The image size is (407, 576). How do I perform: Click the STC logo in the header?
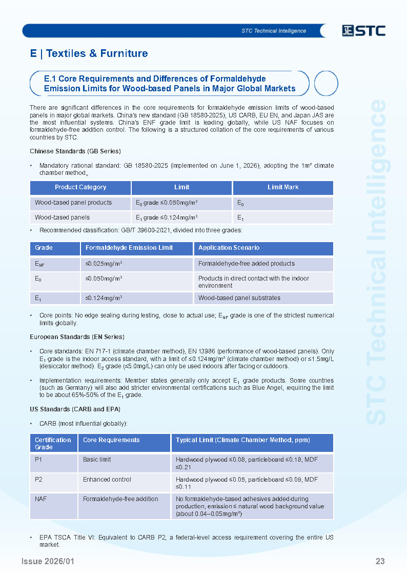tap(363, 31)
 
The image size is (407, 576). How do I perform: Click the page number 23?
tap(380, 561)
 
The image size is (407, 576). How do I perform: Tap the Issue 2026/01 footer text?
tap(48, 561)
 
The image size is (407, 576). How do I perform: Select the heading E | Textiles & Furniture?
tap(89, 53)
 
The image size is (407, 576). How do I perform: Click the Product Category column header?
tap(80, 187)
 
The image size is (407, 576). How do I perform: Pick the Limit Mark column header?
tap(283, 187)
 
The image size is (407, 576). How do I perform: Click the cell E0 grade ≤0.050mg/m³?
tap(167, 203)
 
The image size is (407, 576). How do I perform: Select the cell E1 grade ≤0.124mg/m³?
tap(167, 217)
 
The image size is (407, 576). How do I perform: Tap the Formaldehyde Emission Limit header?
tap(129, 248)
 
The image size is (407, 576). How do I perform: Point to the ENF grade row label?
tap(39, 264)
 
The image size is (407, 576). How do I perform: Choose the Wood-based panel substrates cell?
tap(239, 298)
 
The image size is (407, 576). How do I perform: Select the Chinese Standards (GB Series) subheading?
tap(75, 151)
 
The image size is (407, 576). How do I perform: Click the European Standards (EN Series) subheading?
tap(77, 337)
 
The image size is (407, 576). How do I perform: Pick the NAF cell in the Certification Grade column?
tap(40, 499)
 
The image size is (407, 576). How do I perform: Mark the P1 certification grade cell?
tap(38, 460)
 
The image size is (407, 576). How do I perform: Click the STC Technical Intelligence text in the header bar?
tap(274, 31)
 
